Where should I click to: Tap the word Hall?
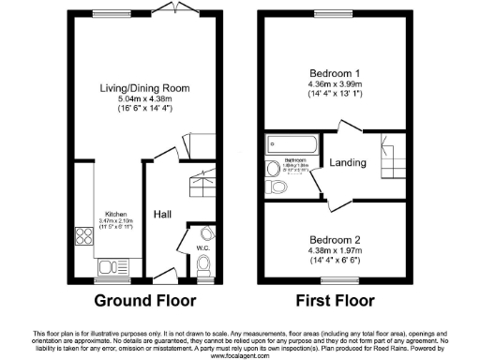(x=161, y=213)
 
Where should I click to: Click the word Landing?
(x=347, y=163)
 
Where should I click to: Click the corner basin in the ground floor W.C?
(x=207, y=233)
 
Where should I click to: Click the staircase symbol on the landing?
(x=392, y=154)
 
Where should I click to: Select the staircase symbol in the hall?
(x=202, y=183)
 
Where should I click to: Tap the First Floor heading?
(x=335, y=301)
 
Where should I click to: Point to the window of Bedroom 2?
(x=335, y=280)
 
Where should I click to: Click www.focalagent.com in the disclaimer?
(x=240, y=356)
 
